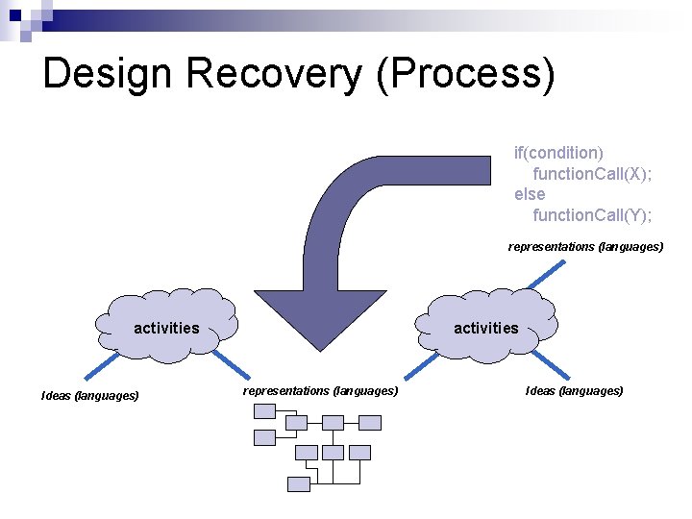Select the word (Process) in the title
click(x=466, y=74)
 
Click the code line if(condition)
click(x=558, y=153)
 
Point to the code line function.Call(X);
click(x=592, y=173)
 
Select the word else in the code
click(x=529, y=194)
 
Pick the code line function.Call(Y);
click(x=592, y=214)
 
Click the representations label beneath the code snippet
click(x=585, y=247)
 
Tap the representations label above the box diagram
click(x=320, y=390)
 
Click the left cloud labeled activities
click(x=166, y=326)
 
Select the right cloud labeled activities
click(x=486, y=326)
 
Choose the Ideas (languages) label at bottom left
click(x=89, y=395)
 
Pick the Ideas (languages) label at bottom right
click(x=574, y=390)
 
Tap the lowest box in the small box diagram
click(x=299, y=484)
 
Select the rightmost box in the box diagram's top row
click(x=370, y=423)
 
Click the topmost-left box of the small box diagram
click(x=264, y=411)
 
